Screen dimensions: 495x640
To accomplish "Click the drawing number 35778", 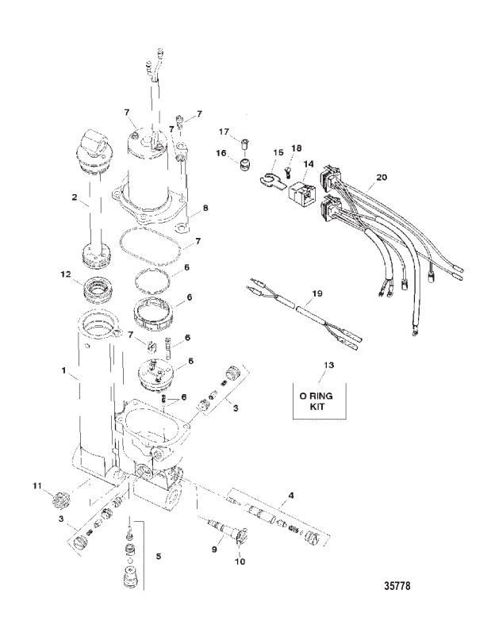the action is point(397,586).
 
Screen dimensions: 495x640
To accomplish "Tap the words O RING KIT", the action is point(317,400).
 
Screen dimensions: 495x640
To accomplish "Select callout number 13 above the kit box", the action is point(328,365).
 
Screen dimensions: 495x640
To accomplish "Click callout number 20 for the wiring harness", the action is point(382,178).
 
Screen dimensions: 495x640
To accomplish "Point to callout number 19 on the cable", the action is point(317,293).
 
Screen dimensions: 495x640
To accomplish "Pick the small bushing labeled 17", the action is point(245,144).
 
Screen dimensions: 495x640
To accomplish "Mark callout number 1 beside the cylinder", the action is point(63,370).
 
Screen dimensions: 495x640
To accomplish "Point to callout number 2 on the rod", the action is point(75,197).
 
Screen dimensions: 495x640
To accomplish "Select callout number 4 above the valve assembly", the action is point(290,496).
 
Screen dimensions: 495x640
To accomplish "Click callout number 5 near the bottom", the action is point(159,556).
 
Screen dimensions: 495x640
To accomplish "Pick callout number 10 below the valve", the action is point(240,561).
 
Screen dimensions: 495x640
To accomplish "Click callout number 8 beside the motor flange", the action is point(205,208).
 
